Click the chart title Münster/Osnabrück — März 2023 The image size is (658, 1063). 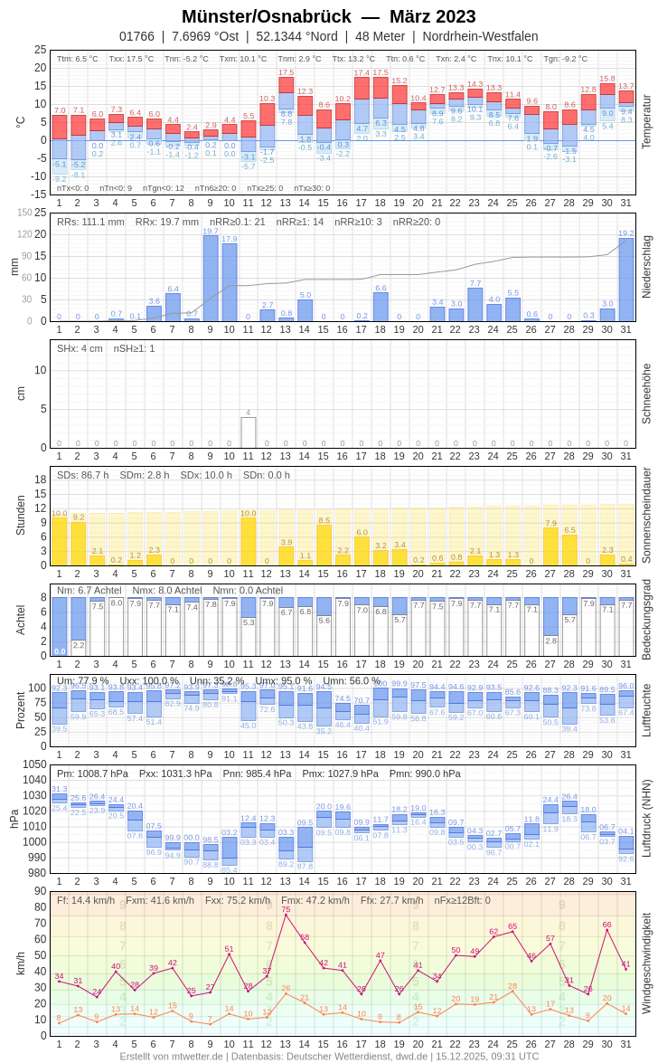[328, 16]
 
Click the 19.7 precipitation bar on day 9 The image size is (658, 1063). [211, 278]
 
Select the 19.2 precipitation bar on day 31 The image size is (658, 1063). [626, 280]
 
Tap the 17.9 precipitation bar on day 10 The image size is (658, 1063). [230, 281]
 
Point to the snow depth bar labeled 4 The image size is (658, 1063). [249, 432]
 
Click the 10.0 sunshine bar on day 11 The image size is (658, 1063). [249, 541]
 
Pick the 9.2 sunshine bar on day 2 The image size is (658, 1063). [79, 544]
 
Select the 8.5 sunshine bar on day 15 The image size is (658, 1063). [324, 546]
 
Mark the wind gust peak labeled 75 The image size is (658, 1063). [286, 915]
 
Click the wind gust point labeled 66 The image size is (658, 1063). [606, 929]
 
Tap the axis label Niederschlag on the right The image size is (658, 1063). [646, 267]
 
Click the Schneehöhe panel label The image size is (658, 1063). [646, 394]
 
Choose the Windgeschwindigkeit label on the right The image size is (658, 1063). [646, 963]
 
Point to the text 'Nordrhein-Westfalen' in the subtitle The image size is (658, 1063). [480, 36]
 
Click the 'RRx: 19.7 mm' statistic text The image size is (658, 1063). [167, 222]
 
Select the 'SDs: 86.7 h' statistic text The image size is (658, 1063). [83, 475]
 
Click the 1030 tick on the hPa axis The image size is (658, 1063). [34, 795]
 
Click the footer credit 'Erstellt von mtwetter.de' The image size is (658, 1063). [172, 1056]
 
